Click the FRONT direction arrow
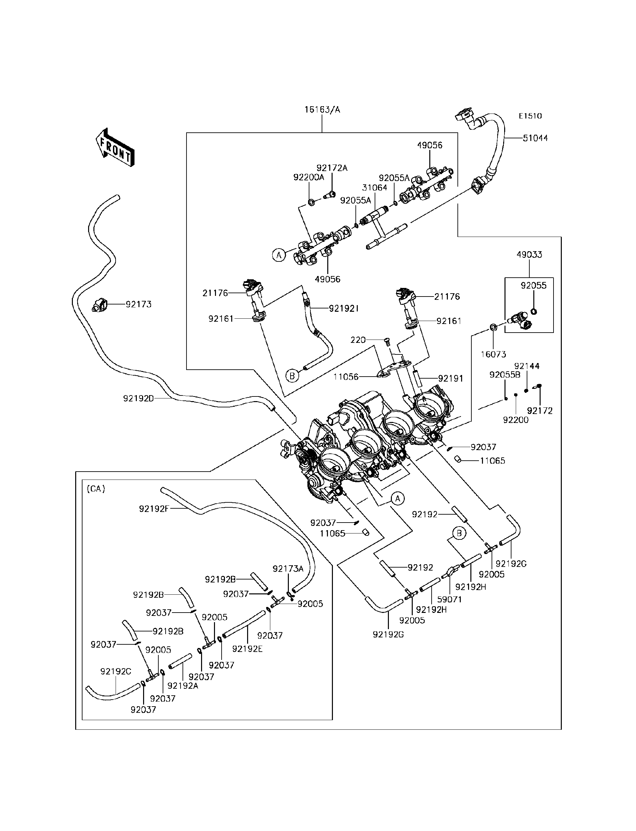pos(115,148)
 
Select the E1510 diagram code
pos(530,116)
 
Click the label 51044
pos(535,138)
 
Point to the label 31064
pos(374,188)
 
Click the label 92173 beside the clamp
pos(138,304)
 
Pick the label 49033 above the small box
pos(529,255)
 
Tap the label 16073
pos(493,354)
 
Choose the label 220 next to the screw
pos(358,340)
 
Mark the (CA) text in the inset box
pos(96,489)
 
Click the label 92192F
pos(154,509)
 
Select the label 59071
pos(450,600)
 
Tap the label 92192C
pos(116,671)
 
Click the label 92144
pos(527,366)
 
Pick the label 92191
pos(450,378)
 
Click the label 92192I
pos(344,309)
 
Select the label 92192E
pos(247,649)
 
